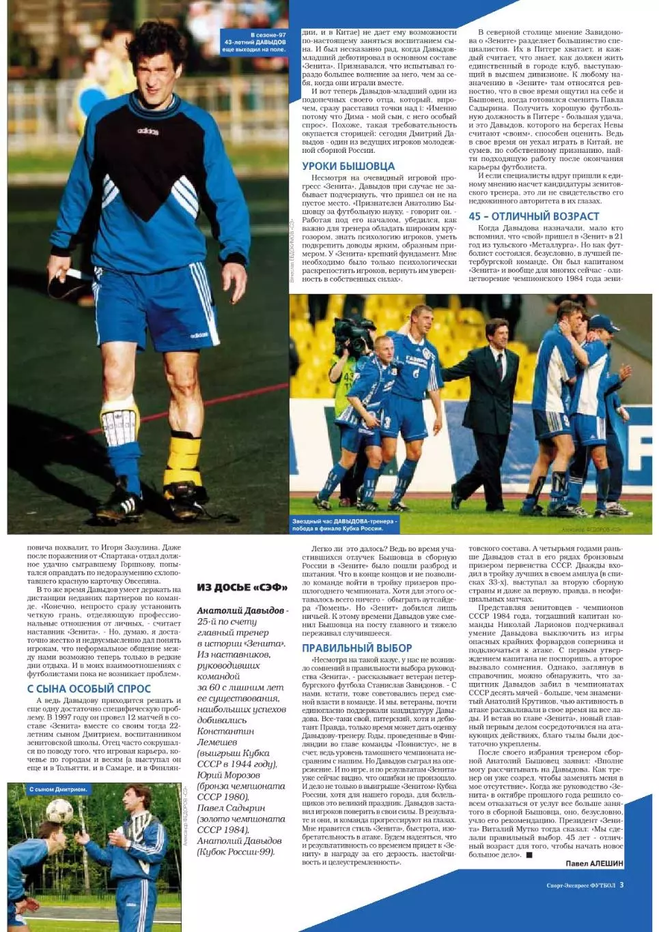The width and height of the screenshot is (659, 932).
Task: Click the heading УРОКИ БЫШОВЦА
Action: coord(348,166)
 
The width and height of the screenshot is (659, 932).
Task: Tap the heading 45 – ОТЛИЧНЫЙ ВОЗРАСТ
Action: coord(533,216)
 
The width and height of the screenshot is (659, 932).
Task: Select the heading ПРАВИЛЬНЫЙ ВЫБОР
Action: coord(356,647)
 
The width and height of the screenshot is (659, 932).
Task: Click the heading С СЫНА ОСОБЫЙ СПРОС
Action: coord(89,688)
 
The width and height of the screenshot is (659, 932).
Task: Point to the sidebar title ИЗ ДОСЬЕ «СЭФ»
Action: coord(242,587)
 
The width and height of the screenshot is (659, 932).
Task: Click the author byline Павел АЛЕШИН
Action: coord(595,863)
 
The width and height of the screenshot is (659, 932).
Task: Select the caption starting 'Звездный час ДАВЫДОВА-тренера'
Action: coord(344,524)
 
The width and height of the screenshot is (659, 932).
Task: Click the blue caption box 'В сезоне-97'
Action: coord(254,42)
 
